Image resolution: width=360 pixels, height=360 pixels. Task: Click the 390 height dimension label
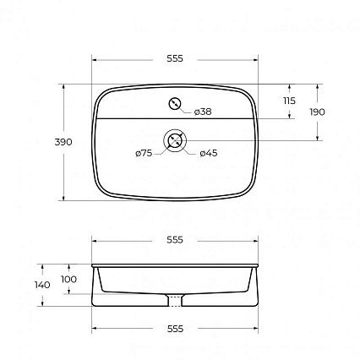(63, 142)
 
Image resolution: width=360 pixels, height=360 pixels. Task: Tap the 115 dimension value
(289, 101)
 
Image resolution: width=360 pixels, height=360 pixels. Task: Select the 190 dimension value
(317, 112)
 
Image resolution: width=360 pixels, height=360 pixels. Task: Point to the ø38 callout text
(203, 112)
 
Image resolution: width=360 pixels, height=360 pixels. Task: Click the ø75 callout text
(144, 153)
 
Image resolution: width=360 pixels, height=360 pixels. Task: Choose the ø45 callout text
(209, 153)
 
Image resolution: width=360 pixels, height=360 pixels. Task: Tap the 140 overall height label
(42, 285)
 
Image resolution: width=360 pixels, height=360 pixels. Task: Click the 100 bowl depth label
(68, 280)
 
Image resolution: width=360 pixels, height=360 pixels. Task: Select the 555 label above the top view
(175, 58)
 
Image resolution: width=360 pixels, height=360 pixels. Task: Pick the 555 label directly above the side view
(175, 240)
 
